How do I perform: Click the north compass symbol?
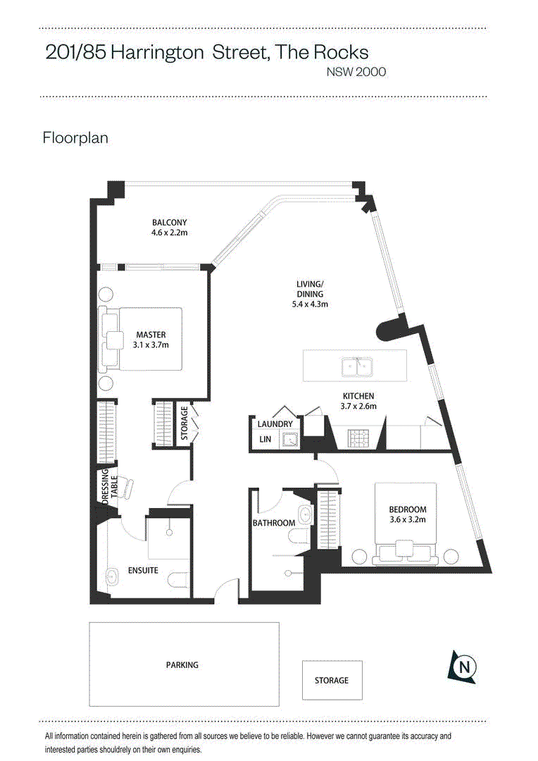click(463, 667)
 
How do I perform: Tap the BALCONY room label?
click(169, 222)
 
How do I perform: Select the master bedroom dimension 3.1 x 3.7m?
click(151, 345)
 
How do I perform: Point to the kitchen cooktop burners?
click(358, 438)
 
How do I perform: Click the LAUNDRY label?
click(275, 423)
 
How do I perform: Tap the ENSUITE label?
click(143, 570)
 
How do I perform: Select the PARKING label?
click(182, 665)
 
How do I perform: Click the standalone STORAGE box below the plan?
click(332, 680)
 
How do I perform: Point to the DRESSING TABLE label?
click(110, 487)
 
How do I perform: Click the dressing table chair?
click(126, 488)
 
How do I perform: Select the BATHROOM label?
click(274, 523)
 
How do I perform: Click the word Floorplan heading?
click(75, 138)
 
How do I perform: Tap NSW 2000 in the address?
click(356, 72)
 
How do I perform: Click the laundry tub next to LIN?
click(289, 440)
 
